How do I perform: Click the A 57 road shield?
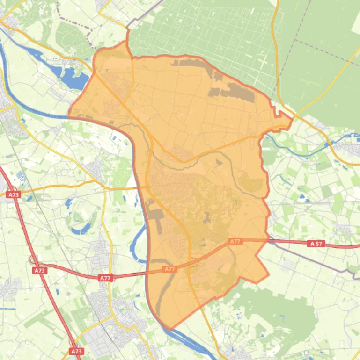pos(317,244)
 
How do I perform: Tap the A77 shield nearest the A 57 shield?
pos(235,241)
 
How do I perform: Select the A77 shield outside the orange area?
pos(105,278)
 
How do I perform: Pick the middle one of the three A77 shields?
pos(169,269)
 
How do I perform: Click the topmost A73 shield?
pos(13,194)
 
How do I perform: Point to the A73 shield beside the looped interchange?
pos(40,270)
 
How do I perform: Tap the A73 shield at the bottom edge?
pos(76,351)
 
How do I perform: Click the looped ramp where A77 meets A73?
pos(33,260)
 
